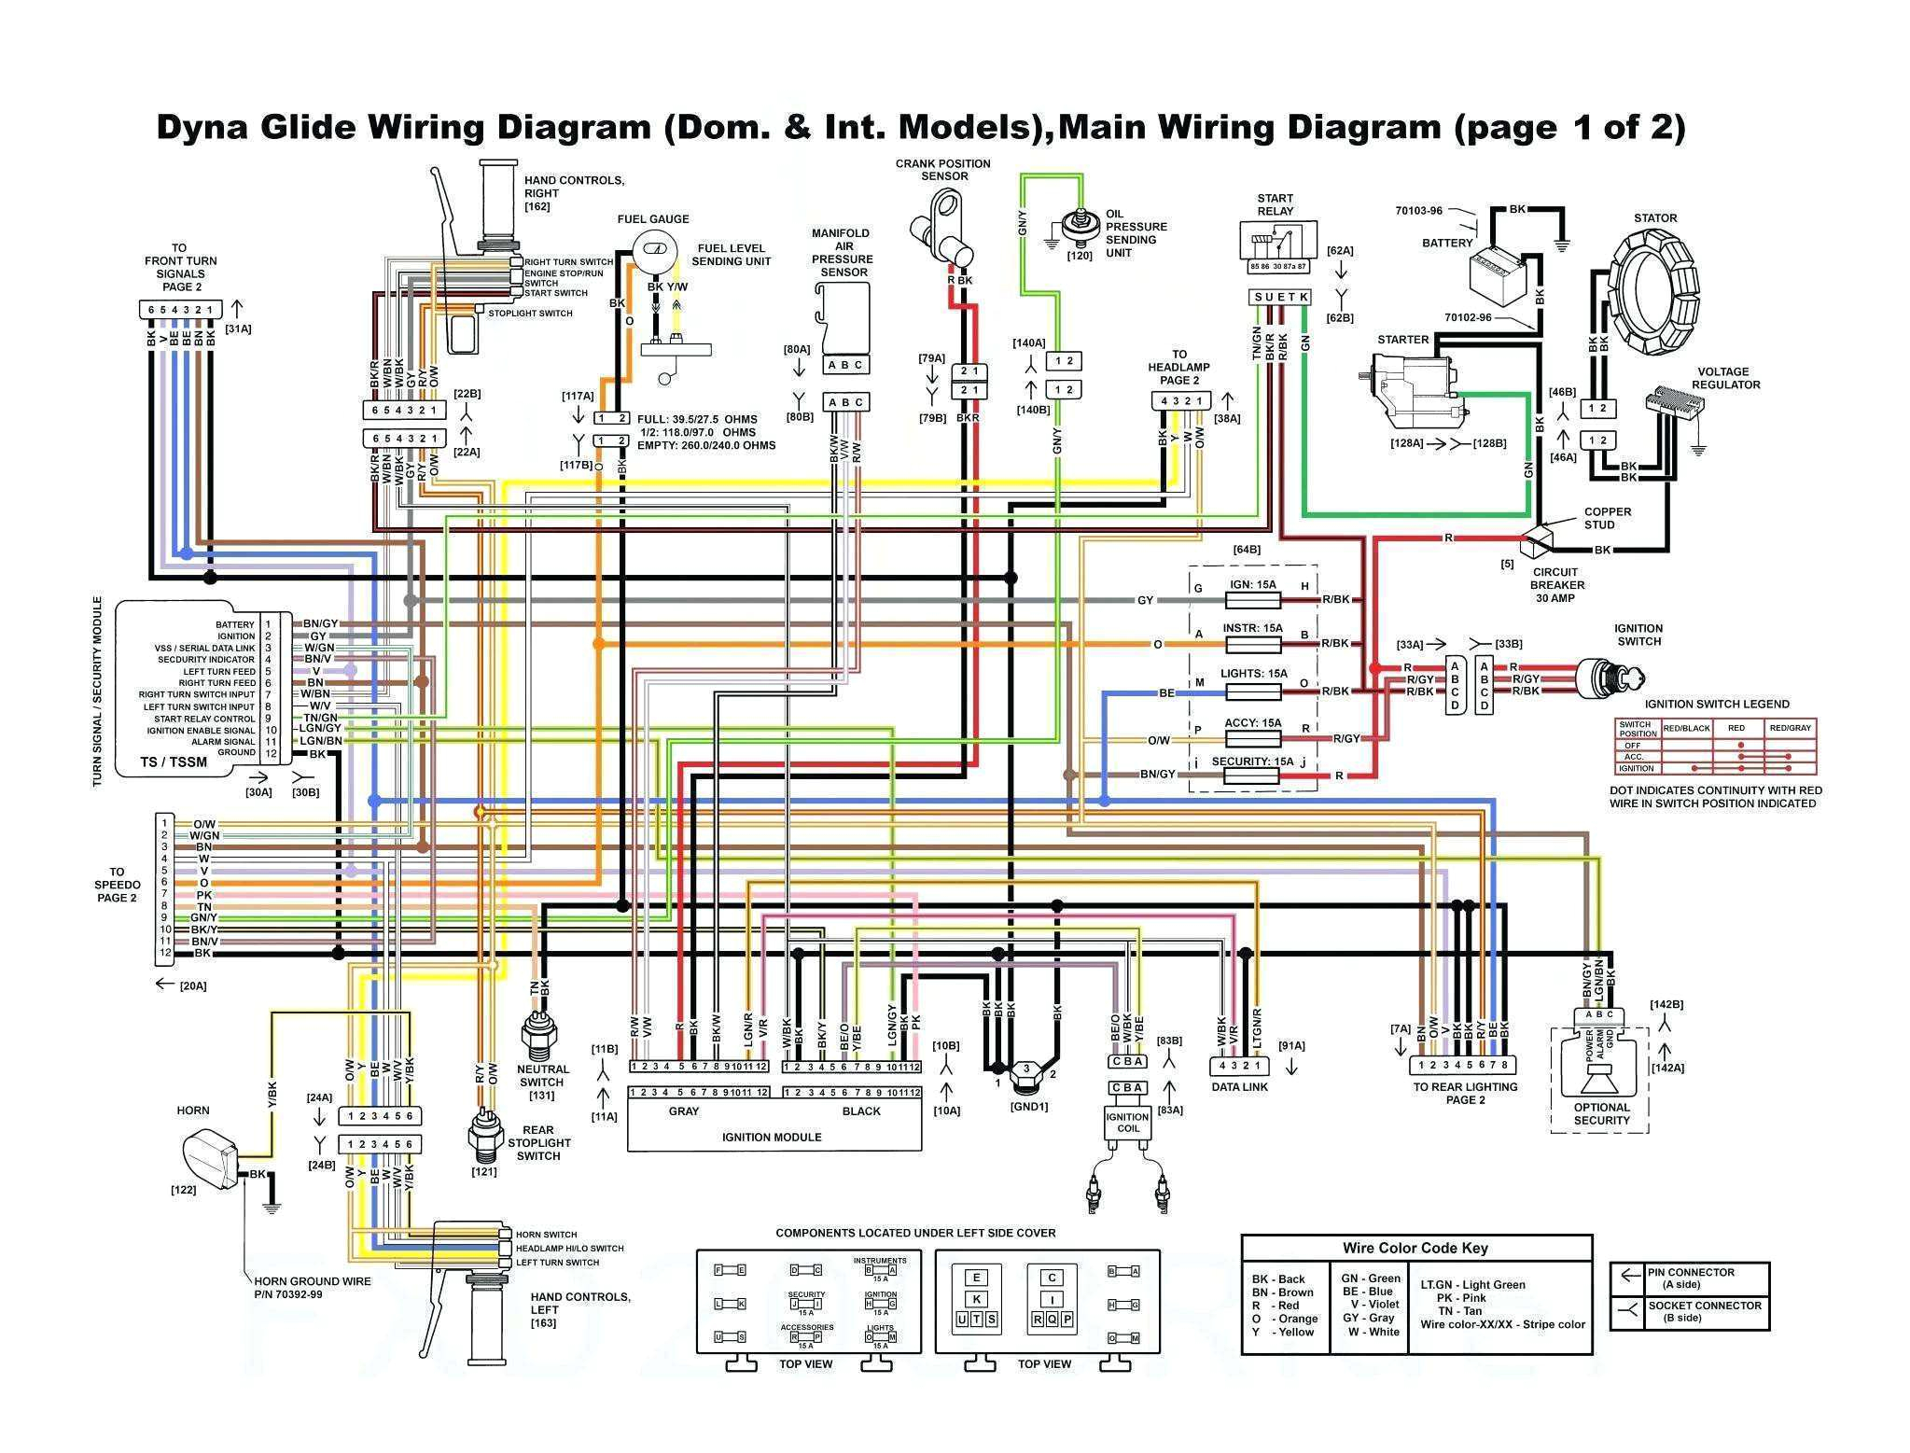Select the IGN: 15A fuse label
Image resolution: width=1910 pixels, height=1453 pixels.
pos(1252,585)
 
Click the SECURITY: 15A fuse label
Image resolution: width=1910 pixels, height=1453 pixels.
pos(1252,761)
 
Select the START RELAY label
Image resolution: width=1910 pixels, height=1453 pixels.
pos(1275,204)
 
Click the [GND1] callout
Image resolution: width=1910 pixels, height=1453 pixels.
pos(1029,1107)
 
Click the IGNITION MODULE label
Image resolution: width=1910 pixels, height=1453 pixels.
pos(772,1137)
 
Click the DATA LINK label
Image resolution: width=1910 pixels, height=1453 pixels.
pos(1239,1086)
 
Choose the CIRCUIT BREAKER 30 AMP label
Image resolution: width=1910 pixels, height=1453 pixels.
pos(1555,585)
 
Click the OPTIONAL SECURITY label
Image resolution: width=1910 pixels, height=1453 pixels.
pos(1601,1114)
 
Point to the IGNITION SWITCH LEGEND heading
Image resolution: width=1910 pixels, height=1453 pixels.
pos(1716,705)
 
